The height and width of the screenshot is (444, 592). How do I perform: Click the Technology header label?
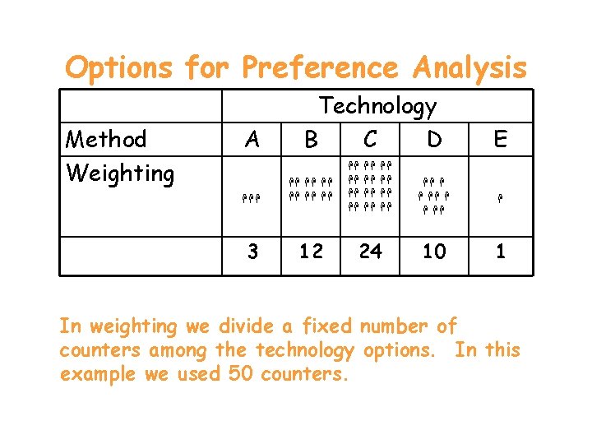tap(378, 106)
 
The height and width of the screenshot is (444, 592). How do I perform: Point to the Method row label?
tap(107, 139)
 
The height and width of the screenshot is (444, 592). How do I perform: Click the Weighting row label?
tap(120, 173)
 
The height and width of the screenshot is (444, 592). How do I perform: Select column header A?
tap(252, 140)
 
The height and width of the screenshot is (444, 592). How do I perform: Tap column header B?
tap(311, 141)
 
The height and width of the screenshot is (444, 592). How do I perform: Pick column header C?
tap(371, 140)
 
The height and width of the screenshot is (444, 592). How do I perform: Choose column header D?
tap(434, 140)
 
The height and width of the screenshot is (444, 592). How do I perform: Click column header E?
tap(500, 140)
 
